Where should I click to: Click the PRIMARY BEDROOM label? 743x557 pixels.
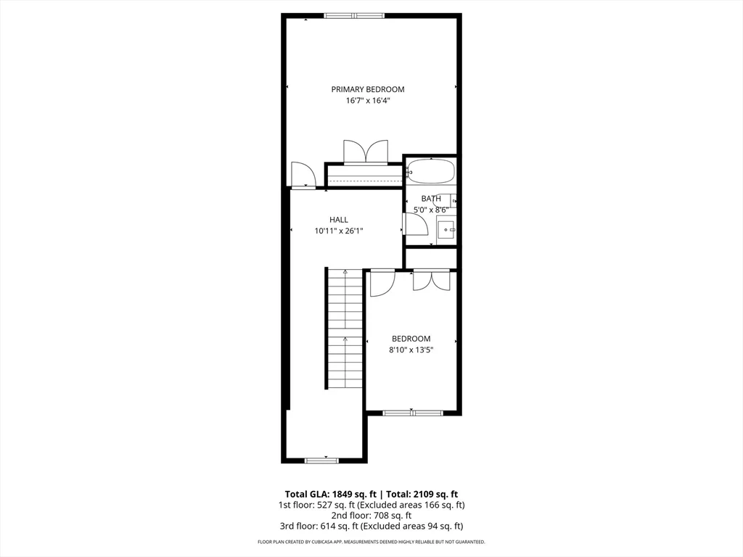(368, 89)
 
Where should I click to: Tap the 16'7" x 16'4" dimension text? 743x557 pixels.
(368, 102)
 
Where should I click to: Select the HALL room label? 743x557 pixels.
(339, 220)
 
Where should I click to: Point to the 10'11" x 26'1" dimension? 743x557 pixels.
(339, 231)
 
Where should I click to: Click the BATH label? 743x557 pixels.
(431, 199)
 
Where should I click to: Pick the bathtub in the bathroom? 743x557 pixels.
(431, 172)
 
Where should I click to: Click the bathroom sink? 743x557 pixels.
(448, 230)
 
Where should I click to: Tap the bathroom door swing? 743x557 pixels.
(414, 224)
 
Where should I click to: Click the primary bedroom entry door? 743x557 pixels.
(301, 176)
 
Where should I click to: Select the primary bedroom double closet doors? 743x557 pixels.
(366, 152)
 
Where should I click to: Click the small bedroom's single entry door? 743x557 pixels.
(381, 283)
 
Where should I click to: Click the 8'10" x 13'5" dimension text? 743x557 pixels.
(411, 350)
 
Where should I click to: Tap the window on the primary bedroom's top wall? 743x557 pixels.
(354, 15)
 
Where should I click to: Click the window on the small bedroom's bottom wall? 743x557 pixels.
(412, 413)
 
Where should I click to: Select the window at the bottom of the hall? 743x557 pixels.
(321, 460)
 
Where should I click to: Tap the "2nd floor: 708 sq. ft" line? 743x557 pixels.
(371, 516)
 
